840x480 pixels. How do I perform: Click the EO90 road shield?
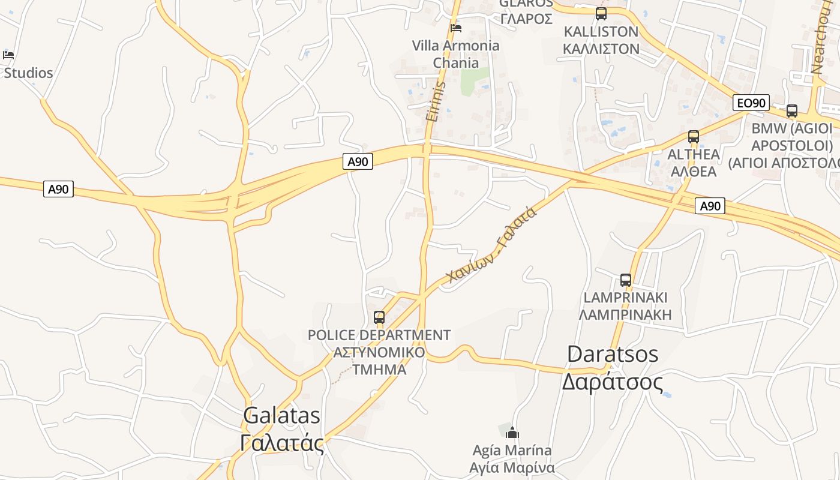[x=751, y=103]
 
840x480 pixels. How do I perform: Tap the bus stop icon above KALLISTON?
[x=601, y=14]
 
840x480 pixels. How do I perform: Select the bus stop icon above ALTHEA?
[x=694, y=137]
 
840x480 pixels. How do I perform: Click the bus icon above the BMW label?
[x=791, y=111]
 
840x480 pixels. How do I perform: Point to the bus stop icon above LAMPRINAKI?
[x=625, y=280]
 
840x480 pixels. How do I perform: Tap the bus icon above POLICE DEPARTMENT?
[x=379, y=317]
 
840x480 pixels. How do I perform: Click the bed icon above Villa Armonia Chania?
[x=456, y=28]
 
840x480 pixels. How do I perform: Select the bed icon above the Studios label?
[x=8, y=55]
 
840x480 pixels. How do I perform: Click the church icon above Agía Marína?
[x=512, y=432]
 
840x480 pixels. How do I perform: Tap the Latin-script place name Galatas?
[x=281, y=415]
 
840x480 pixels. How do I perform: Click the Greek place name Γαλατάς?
[x=281, y=443]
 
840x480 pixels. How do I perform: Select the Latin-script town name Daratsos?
[x=613, y=354]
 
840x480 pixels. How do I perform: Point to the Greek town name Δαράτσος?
[x=613, y=382]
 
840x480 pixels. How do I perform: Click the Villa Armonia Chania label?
[x=456, y=54]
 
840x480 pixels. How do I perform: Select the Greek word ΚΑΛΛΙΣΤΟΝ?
[x=601, y=49]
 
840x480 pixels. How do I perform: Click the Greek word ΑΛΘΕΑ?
[x=694, y=171]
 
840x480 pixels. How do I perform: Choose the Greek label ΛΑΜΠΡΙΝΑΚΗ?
[x=625, y=314]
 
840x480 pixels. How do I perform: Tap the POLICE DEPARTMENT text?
[x=379, y=335]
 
